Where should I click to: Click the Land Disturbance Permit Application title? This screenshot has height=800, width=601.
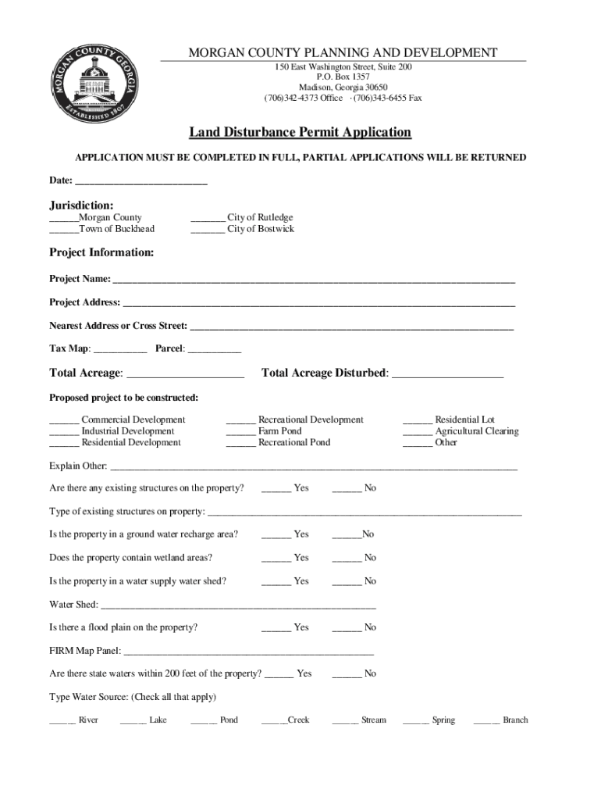pyautogui.click(x=300, y=133)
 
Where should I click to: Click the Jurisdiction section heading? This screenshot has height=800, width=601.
pyautogui.click(x=82, y=205)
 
